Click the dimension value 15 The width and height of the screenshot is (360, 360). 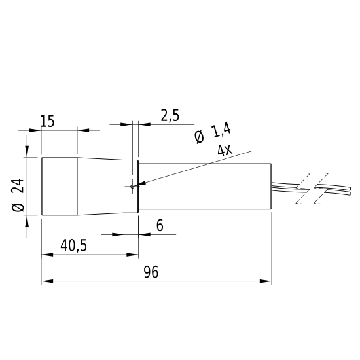point(48,121)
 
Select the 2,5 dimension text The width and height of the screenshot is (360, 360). point(170,115)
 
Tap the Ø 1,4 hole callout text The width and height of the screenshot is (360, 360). point(212,134)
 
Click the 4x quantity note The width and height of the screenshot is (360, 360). point(225,151)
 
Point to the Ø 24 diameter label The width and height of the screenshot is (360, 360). point(18,195)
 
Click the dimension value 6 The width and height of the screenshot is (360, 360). point(160,225)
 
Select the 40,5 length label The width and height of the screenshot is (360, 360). point(74,245)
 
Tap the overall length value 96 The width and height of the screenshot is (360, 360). point(151,272)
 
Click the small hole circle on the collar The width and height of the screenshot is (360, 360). point(132,187)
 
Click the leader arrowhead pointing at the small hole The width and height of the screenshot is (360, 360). point(140,184)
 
